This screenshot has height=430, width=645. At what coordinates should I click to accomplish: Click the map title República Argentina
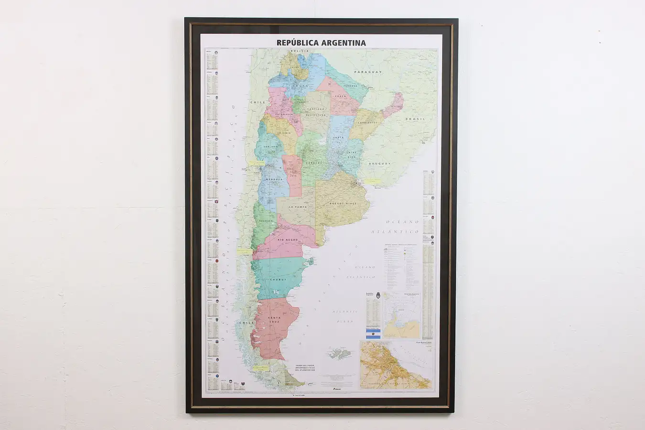pos(321,43)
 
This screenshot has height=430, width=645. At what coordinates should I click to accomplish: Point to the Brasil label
pos(415,119)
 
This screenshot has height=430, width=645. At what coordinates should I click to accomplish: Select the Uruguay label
pos(379,163)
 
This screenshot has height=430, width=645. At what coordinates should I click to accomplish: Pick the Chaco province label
pos(340,97)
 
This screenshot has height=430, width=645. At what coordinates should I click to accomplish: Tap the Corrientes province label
pos(368,122)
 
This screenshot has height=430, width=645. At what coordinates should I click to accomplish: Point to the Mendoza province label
pos(268,180)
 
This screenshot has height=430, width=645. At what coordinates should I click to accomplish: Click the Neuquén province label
pos(266,221)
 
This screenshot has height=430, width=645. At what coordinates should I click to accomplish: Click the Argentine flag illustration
pos(373,333)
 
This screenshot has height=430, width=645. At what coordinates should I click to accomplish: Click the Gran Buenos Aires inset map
pos(396,365)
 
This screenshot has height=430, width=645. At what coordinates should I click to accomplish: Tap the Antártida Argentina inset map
pos(402,315)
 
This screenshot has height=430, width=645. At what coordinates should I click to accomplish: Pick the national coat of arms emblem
pos(378,295)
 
